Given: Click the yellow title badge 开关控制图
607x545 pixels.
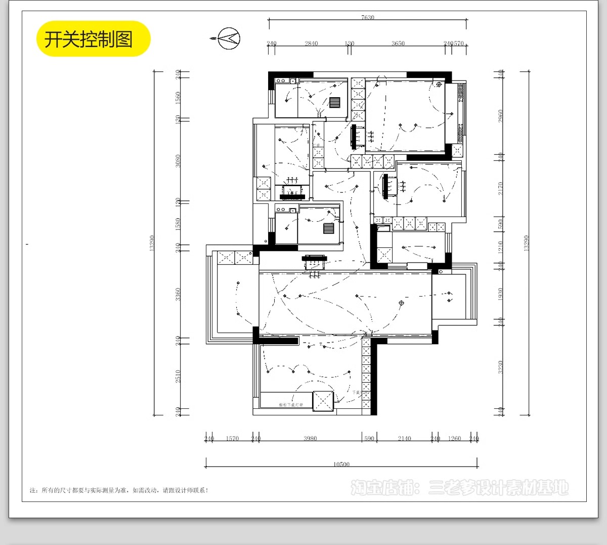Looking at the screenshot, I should tap(93, 39).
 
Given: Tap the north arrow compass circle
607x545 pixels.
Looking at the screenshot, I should tap(229, 38).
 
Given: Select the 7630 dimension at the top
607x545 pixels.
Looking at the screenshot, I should tap(368, 18).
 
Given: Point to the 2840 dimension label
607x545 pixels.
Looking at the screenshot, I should tap(311, 44).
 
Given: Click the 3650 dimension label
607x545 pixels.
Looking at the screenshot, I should tap(398, 44).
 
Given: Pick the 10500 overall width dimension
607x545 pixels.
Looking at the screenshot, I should tap(341, 465).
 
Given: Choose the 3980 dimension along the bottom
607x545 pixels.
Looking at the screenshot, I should tap(310, 439).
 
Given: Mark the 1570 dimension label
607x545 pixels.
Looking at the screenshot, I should tap(232, 439).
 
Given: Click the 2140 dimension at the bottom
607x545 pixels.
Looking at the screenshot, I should tap(404, 439).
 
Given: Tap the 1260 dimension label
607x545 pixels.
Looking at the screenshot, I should tap(454, 439).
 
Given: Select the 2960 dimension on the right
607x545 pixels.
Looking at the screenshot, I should tap(500, 116).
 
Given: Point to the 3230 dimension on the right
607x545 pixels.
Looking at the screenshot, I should tap(500, 367).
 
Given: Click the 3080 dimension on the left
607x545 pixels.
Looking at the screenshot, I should tap(178, 161).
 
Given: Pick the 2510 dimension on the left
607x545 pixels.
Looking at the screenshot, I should tap(178, 376).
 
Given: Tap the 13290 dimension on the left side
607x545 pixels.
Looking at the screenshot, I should tap(152, 243).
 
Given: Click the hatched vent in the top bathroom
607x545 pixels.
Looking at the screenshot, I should tap(334, 102).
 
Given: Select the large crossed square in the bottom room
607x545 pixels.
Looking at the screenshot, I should tap(323, 401).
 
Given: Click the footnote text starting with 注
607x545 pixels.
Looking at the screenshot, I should tap(119, 490).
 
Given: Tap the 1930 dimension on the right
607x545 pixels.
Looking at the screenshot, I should tap(500, 294).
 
